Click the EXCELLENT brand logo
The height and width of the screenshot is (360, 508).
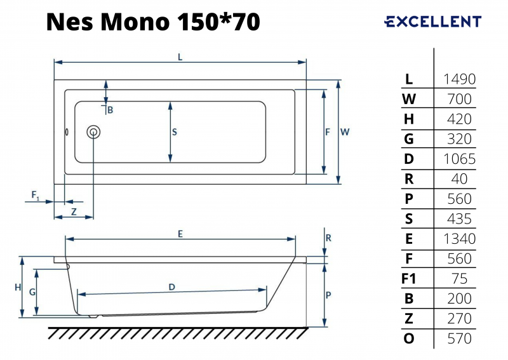433,22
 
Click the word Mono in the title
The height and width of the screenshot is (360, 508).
135,22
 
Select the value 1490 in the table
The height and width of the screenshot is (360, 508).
459,79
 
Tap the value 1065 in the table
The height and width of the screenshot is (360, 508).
459,159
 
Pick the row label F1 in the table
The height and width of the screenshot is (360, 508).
408,279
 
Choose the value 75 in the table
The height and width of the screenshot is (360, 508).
459,279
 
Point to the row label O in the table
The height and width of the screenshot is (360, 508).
409,338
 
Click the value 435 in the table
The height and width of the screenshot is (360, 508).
459,219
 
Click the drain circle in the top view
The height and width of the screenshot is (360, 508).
93,132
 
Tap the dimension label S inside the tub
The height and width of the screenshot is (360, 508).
175,132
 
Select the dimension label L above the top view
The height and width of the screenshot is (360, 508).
180,57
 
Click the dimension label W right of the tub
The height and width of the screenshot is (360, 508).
345,132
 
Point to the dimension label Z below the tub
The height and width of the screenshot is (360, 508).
74,211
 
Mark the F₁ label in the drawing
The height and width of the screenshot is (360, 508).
36,196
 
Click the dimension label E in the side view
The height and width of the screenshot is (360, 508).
180,234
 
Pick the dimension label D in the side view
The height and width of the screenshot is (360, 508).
172,287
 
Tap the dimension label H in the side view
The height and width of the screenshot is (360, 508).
18,287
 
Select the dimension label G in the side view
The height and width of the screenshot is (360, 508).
32,292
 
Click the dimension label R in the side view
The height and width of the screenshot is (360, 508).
328,238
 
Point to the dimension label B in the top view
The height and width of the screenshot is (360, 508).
110,110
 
